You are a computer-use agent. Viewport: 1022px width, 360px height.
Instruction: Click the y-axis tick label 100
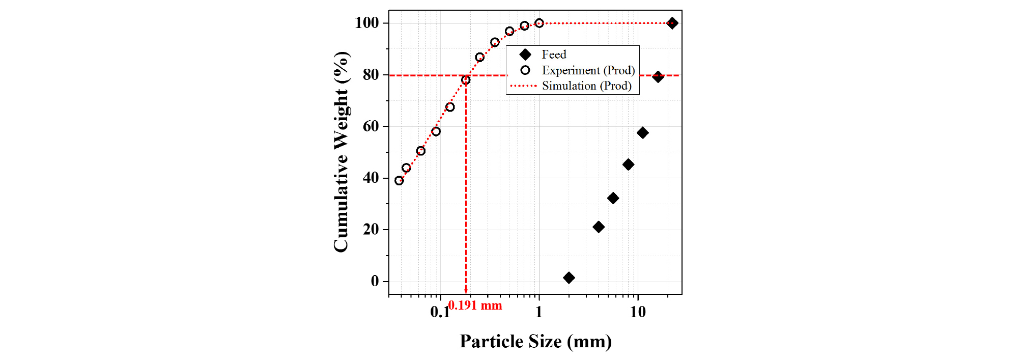pyautogui.click(x=366, y=23)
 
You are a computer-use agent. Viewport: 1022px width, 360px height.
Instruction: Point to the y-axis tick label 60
pyautogui.click(x=371, y=126)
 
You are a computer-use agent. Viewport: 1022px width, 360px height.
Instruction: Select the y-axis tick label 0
pyautogui.click(x=375, y=281)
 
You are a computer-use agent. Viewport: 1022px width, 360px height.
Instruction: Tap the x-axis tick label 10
pyautogui.click(x=637, y=312)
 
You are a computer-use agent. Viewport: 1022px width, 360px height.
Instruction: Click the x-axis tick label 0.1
pyautogui.click(x=440, y=312)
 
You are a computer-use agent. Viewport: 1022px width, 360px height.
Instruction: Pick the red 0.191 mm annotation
pyautogui.click(x=475, y=306)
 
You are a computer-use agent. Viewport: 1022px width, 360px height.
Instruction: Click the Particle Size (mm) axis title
pyautogui.click(x=535, y=341)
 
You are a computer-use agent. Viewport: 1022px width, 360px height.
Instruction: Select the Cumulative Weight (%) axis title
pyautogui.click(x=341, y=152)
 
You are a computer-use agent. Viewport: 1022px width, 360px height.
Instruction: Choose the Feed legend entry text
pyautogui.click(x=554, y=54)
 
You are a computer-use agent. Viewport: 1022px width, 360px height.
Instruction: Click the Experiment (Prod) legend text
pyautogui.click(x=588, y=70)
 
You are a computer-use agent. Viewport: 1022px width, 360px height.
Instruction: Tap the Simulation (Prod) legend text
pyautogui.click(x=586, y=86)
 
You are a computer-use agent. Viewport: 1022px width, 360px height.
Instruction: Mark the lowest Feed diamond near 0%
pyautogui.click(x=569, y=278)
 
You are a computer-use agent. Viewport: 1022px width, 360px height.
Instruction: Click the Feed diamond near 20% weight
pyautogui.click(x=599, y=227)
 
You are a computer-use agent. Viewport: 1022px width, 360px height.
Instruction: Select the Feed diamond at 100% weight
pyautogui.click(x=672, y=23)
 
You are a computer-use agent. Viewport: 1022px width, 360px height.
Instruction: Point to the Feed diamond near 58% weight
pyautogui.click(x=642, y=133)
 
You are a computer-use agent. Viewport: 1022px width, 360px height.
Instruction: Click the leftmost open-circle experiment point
pyautogui.click(x=399, y=181)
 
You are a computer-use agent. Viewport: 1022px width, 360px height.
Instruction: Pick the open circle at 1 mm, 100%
pyautogui.click(x=539, y=23)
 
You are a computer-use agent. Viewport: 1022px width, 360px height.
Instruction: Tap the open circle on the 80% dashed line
pyautogui.click(x=466, y=80)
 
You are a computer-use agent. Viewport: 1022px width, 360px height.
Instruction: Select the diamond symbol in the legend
pyautogui.click(x=525, y=54)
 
